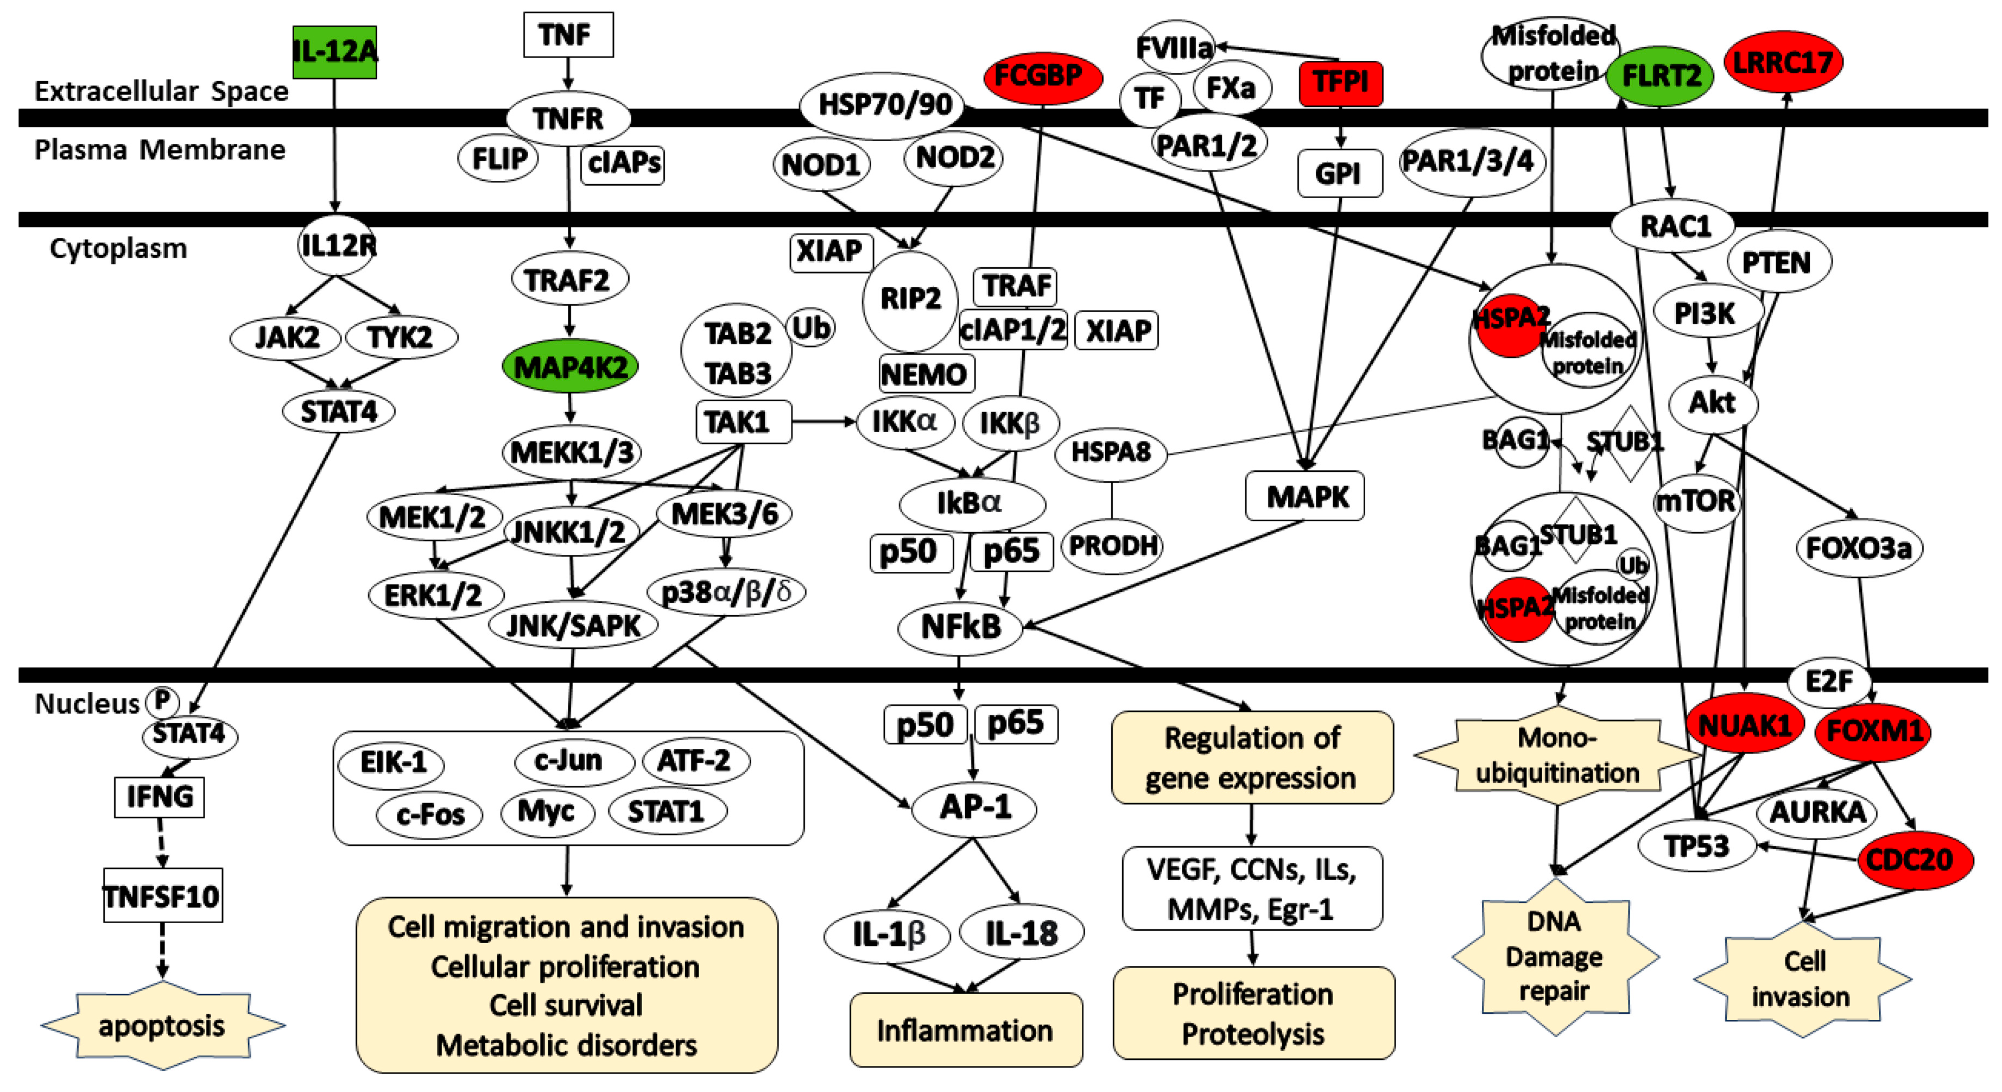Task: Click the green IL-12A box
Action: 335,52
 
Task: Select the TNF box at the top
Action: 567,35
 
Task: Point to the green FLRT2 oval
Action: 1660,76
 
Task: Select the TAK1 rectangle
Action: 742,422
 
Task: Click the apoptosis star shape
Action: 162,1026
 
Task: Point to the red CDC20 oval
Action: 1914,860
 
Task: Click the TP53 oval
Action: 1696,845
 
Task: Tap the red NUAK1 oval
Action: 1744,725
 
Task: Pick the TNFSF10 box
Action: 162,896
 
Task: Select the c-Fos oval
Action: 429,815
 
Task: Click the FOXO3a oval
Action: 1858,548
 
